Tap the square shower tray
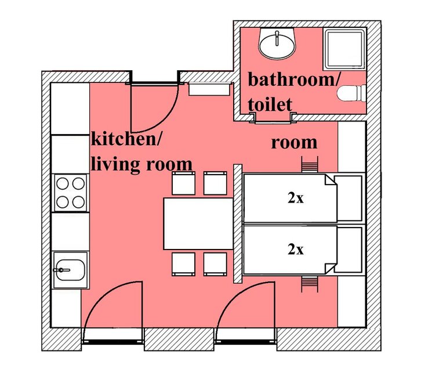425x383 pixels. (344, 49)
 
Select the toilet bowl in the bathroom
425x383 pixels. (351, 93)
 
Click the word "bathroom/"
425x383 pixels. (293, 80)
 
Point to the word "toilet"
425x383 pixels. (270, 104)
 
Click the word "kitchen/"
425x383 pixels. (126, 139)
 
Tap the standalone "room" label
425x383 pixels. (294, 143)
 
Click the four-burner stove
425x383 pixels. (71, 193)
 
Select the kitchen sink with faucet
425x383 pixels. (70, 270)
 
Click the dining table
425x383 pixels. (198, 224)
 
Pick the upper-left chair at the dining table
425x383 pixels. (183, 183)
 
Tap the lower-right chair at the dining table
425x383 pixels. (215, 264)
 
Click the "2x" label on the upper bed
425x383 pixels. (296, 199)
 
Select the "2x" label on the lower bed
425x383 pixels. (296, 250)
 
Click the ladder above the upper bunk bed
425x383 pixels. (310, 164)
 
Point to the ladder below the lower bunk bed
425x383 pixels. (310, 284)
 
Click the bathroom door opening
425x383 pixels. (273, 119)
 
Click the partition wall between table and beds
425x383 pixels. (238, 224)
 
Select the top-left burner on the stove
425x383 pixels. (63, 183)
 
